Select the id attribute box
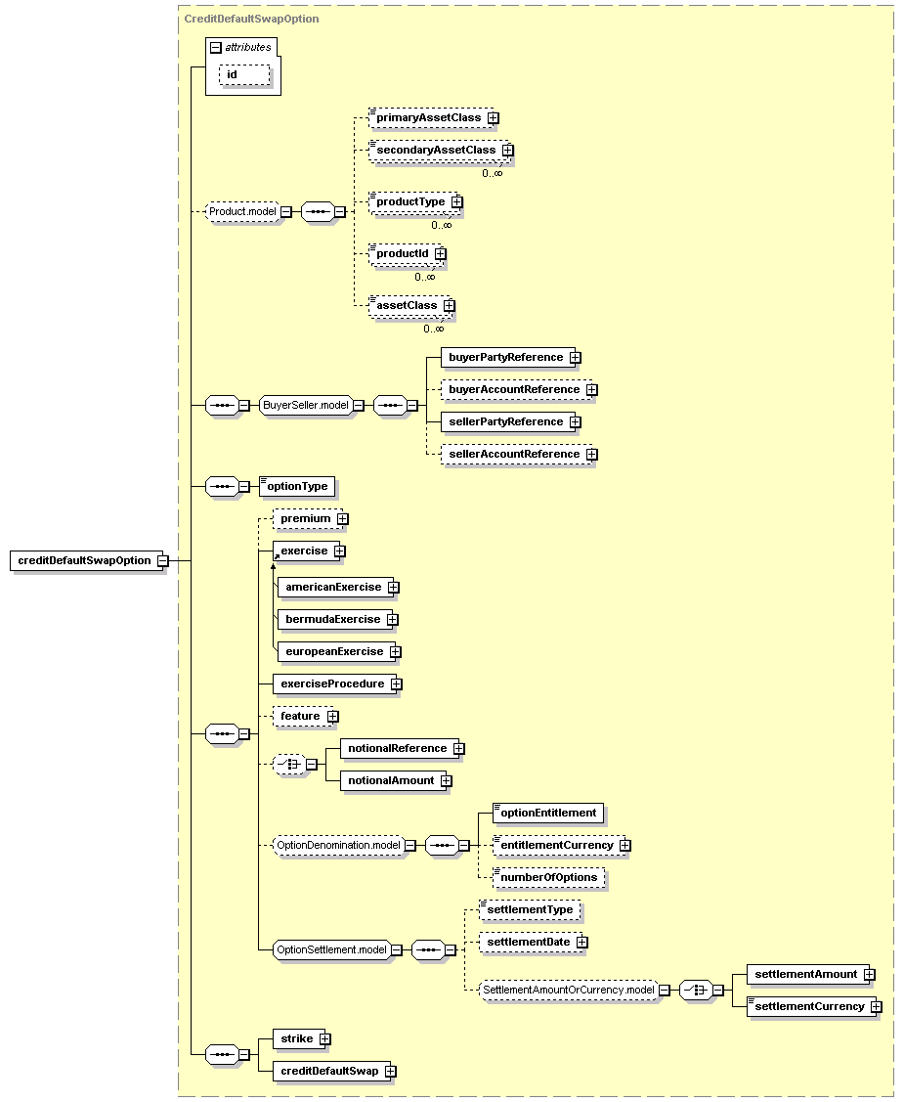pyautogui.click(x=244, y=74)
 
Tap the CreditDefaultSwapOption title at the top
pyautogui.click(x=251, y=19)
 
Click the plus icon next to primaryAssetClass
pyautogui.click(x=494, y=118)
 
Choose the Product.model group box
pyautogui.click(x=242, y=211)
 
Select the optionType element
pyautogui.click(x=297, y=486)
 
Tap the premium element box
pyautogui.click(x=306, y=518)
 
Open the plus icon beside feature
pyautogui.click(x=333, y=716)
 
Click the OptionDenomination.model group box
pyautogui.click(x=338, y=846)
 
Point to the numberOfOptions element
pyautogui.click(x=548, y=878)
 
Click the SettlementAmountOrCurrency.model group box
pyautogui.click(x=569, y=991)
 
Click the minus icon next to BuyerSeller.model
pyautogui.click(x=359, y=406)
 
